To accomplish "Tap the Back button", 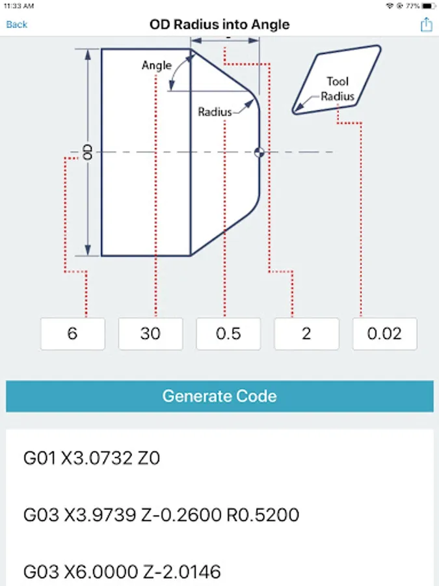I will click(x=17, y=25).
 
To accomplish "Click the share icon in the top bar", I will click(x=426, y=25).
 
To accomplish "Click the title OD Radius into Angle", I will click(x=220, y=25).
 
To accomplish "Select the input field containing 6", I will click(x=72, y=334).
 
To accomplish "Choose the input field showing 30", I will click(x=150, y=334).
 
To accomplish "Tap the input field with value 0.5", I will click(x=228, y=334).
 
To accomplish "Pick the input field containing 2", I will click(x=306, y=334).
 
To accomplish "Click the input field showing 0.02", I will click(x=384, y=334).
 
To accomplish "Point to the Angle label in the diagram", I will click(x=157, y=65).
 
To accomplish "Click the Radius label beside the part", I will click(x=215, y=112).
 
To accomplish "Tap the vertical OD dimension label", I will click(x=88, y=152).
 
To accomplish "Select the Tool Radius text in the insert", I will click(x=338, y=89).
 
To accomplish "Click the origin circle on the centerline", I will click(x=259, y=152).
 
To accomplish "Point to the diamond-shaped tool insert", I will click(x=336, y=79).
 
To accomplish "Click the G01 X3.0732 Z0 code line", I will click(x=92, y=458).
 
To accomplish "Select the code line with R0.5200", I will click(x=161, y=516).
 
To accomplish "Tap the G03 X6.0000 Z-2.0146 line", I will click(x=122, y=572).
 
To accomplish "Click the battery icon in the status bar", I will click(x=427, y=5).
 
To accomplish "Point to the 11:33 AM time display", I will click(x=20, y=5).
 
